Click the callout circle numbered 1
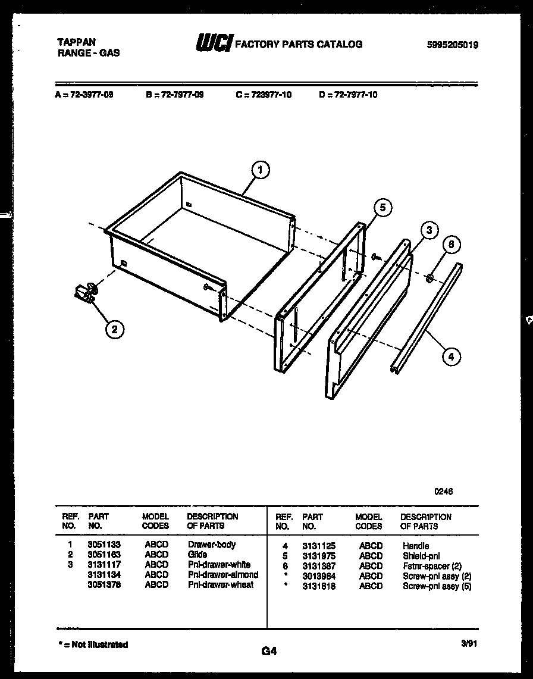point(259,170)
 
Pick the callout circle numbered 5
point(382,208)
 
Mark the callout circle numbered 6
point(452,245)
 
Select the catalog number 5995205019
point(452,45)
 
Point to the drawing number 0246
point(443,492)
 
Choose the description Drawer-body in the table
point(212,545)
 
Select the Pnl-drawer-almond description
point(223,574)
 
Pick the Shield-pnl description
point(421,556)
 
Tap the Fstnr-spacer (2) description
point(432,566)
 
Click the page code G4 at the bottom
point(269,651)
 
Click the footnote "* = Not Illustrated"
point(93,644)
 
